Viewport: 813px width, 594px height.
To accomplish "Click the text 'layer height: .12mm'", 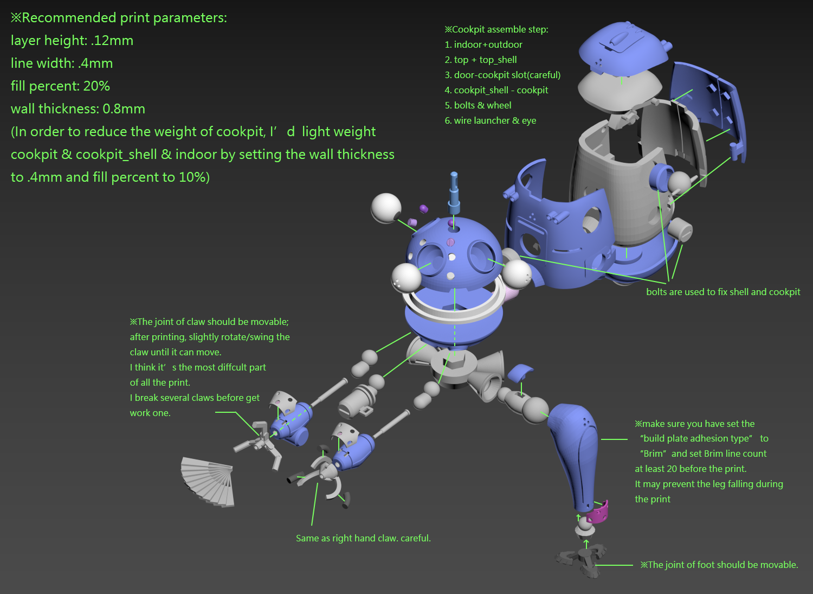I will [x=72, y=41].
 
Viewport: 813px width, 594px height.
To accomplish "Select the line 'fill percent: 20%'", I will [x=60, y=86].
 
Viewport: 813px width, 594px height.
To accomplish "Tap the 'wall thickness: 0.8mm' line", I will [x=78, y=109].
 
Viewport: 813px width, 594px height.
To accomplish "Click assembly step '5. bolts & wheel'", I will [x=478, y=105].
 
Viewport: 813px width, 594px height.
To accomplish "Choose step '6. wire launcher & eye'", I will [x=491, y=120].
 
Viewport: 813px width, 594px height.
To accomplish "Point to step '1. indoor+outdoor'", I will [x=483, y=44].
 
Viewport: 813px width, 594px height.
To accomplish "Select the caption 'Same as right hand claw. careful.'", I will [x=363, y=538].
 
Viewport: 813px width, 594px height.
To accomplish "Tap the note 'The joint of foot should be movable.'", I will [x=719, y=565].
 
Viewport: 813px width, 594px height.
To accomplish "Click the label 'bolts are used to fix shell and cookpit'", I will [x=723, y=292].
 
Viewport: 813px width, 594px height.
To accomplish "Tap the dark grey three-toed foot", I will [x=583, y=560].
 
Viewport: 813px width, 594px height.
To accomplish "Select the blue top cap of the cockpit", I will [x=622, y=49].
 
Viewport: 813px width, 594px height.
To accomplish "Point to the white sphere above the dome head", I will [x=386, y=208].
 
